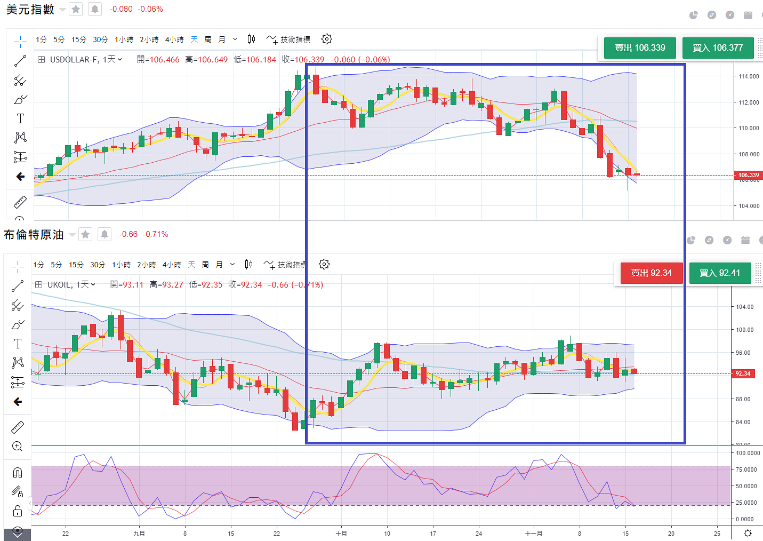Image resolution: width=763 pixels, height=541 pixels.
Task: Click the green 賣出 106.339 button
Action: [x=640, y=48]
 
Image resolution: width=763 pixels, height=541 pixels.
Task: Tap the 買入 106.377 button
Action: [x=718, y=48]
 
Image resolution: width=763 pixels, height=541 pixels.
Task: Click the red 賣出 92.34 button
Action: [x=651, y=273]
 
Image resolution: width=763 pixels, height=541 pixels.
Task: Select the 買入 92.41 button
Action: [x=720, y=273]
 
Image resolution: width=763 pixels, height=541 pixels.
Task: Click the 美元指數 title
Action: [x=30, y=10]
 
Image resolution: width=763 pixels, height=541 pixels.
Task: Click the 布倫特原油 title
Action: [x=34, y=235]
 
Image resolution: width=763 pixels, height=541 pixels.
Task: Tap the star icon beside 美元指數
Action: [x=76, y=9]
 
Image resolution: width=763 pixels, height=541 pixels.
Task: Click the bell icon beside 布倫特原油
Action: [x=105, y=234]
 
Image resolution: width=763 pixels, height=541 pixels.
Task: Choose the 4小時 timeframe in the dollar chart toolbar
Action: [x=174, y=39]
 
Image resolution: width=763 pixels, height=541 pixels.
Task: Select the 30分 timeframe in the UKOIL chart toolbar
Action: [x=98, y=265]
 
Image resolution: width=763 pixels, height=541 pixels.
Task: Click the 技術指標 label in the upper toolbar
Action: [x=295, y=39]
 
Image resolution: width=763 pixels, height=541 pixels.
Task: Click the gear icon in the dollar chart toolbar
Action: [x=327, y=39]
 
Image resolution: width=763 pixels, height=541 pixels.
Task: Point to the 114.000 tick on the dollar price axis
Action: [x=749, y=76]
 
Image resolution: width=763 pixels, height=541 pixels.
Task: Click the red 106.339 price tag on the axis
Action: [x=749, y=175]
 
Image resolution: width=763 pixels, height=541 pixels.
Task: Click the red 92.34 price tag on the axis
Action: [x=743, y=373]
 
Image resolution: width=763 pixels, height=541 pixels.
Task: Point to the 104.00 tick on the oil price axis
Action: [x=745, y=307]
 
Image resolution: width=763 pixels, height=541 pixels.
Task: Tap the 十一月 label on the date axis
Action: [x=533, y=534]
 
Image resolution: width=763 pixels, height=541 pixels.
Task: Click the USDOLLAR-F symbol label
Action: [x=74, y=60]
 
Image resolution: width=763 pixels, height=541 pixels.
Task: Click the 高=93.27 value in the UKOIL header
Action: [x=166, y=285]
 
